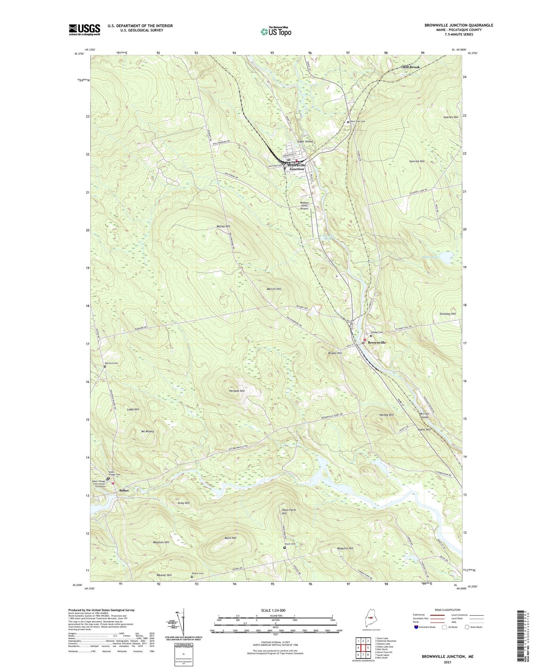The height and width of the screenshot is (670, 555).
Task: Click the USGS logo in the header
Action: click(x=84, y=29)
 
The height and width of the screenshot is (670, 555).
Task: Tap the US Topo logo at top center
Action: click(x=276, y=31)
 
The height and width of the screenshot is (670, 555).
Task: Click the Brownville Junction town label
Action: click(x=297, y=167)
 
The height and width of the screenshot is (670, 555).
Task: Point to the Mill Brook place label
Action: click(x=411, y=67)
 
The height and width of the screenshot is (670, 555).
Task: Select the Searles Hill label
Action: click(x=451, y=117)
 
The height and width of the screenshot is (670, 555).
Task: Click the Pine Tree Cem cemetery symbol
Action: click(x=348, y=122)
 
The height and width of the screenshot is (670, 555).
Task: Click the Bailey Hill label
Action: click(x=223, y=227)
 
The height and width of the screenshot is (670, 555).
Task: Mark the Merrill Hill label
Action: click(x=274, y=289)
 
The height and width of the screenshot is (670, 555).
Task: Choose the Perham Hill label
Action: click(x=237, y=391)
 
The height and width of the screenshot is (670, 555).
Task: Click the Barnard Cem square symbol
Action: click(x=105, y=367)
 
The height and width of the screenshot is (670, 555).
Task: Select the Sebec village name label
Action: click(x=124, y=491)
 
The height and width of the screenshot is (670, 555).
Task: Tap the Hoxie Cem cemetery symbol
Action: click(x=285, y=548)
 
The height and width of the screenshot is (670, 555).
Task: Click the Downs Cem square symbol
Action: click(x=192, y=576)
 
